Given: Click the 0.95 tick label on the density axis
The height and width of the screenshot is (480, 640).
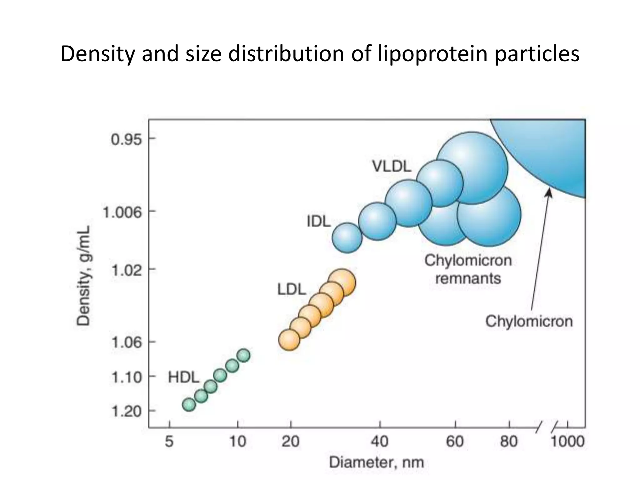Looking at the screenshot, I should [x=126, y=139].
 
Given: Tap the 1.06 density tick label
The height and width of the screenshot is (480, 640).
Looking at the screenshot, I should [x=126, y=342].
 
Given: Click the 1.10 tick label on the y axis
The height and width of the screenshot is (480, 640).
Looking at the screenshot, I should [x=126, y=377].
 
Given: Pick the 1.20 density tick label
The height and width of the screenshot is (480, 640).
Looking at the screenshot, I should [x=126, y=412].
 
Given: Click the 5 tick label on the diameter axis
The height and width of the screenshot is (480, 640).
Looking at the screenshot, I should [x=169, y=442].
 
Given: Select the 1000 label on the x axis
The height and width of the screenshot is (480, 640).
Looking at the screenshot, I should [x=567, y=442].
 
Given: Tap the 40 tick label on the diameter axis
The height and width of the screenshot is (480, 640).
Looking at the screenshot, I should [x=380, y=442].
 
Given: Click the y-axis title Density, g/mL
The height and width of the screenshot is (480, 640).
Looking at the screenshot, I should [x=84, y=275].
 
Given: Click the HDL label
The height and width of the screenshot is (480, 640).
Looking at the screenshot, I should [x=183, y=377].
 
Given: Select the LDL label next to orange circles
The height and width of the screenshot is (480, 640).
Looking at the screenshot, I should [x=291, y=290].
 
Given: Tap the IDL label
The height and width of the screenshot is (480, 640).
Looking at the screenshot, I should [x=318, y=222].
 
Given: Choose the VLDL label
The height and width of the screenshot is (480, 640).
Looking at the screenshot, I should [x=392, y=167].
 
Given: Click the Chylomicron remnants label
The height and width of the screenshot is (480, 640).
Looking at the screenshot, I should [x=468, y=269].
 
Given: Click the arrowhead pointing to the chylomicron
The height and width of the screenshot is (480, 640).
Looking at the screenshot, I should [x=549, y=194].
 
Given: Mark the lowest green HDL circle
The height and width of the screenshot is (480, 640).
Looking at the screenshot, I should [x=189, y=405].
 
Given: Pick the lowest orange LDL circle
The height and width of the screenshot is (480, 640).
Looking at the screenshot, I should [x=289, y=340].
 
